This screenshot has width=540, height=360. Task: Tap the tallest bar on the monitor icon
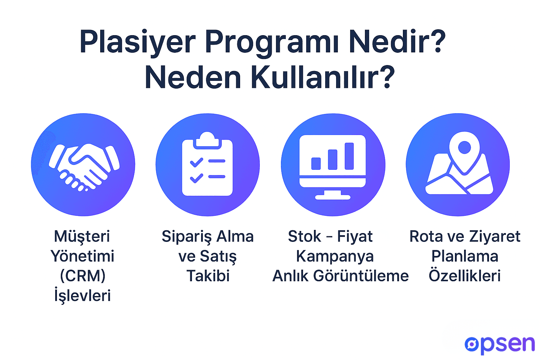(349, 156)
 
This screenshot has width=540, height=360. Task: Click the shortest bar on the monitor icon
(316, 163)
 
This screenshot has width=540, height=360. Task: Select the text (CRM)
(83, 276)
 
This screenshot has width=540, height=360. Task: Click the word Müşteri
(82, 237)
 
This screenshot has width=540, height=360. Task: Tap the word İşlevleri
(83, 295)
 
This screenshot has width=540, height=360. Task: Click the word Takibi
(208, 276)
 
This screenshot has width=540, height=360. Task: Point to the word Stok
(304, 237)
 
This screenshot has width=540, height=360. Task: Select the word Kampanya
(335, 256)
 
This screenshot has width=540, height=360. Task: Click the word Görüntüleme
(361, 276)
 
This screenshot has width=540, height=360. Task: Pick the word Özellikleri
(464, 276)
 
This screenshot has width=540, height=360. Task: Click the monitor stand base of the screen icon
(333, 197)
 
